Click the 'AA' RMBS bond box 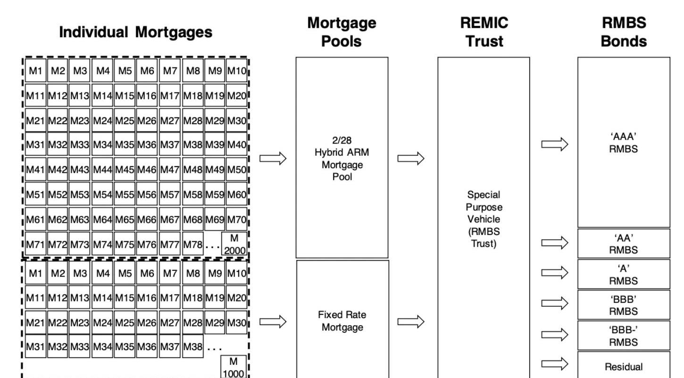[x=624, y=244]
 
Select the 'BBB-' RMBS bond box [x=624, y=336]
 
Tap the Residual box [x=624, y=365]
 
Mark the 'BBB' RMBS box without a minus [x=624, y=305]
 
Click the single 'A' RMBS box [x=624, y=274]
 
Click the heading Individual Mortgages [x=136, y=32]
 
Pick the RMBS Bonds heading [x=624, y=32]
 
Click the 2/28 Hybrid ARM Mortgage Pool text [x=342, y=158]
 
